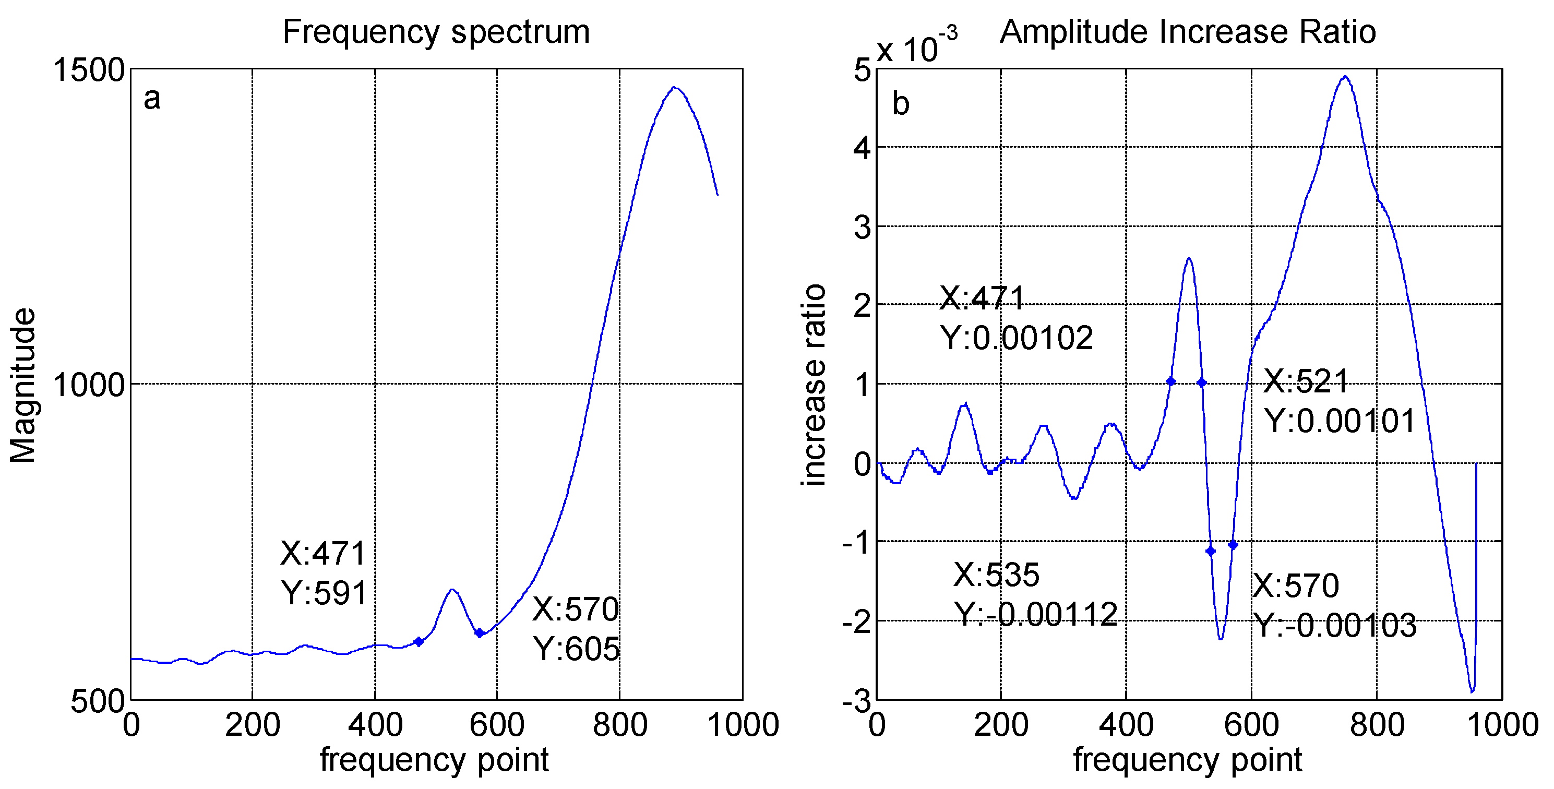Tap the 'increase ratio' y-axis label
pos(815,385)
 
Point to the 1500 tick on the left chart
pos(89,70)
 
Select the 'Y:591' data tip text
pos(325,593)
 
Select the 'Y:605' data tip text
pos(576,649)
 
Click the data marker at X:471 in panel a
pos(419,642)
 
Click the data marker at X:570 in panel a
pos(480,633)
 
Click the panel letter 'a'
pos(152,98)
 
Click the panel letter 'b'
pos(900,104)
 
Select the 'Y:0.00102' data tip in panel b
pos(1017,338)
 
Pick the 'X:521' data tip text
pos(1306,381)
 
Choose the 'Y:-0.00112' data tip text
pos(1035,615)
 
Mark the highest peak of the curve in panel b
pos(1345,77)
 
